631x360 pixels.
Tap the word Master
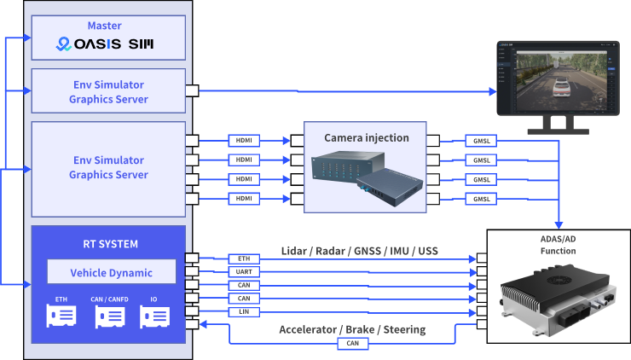pos(104,26)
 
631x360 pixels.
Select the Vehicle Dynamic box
pos(111,272)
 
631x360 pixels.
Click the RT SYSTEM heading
pos(108,244)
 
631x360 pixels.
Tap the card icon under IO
pos(154,316)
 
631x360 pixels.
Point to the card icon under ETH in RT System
pos(61,316)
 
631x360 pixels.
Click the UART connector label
pos(245,271)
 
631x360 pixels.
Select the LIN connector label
pos(245,312)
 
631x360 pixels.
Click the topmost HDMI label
pos(245,140)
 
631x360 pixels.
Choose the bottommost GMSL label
pos(482,199)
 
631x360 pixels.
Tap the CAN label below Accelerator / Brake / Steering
pos(353,344)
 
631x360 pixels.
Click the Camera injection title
pos(366,137)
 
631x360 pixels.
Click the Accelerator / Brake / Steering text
pos(352,329)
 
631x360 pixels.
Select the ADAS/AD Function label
pos(558,245)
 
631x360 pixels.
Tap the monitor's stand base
pos(559,131)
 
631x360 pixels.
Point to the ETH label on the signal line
pos(245,258)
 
